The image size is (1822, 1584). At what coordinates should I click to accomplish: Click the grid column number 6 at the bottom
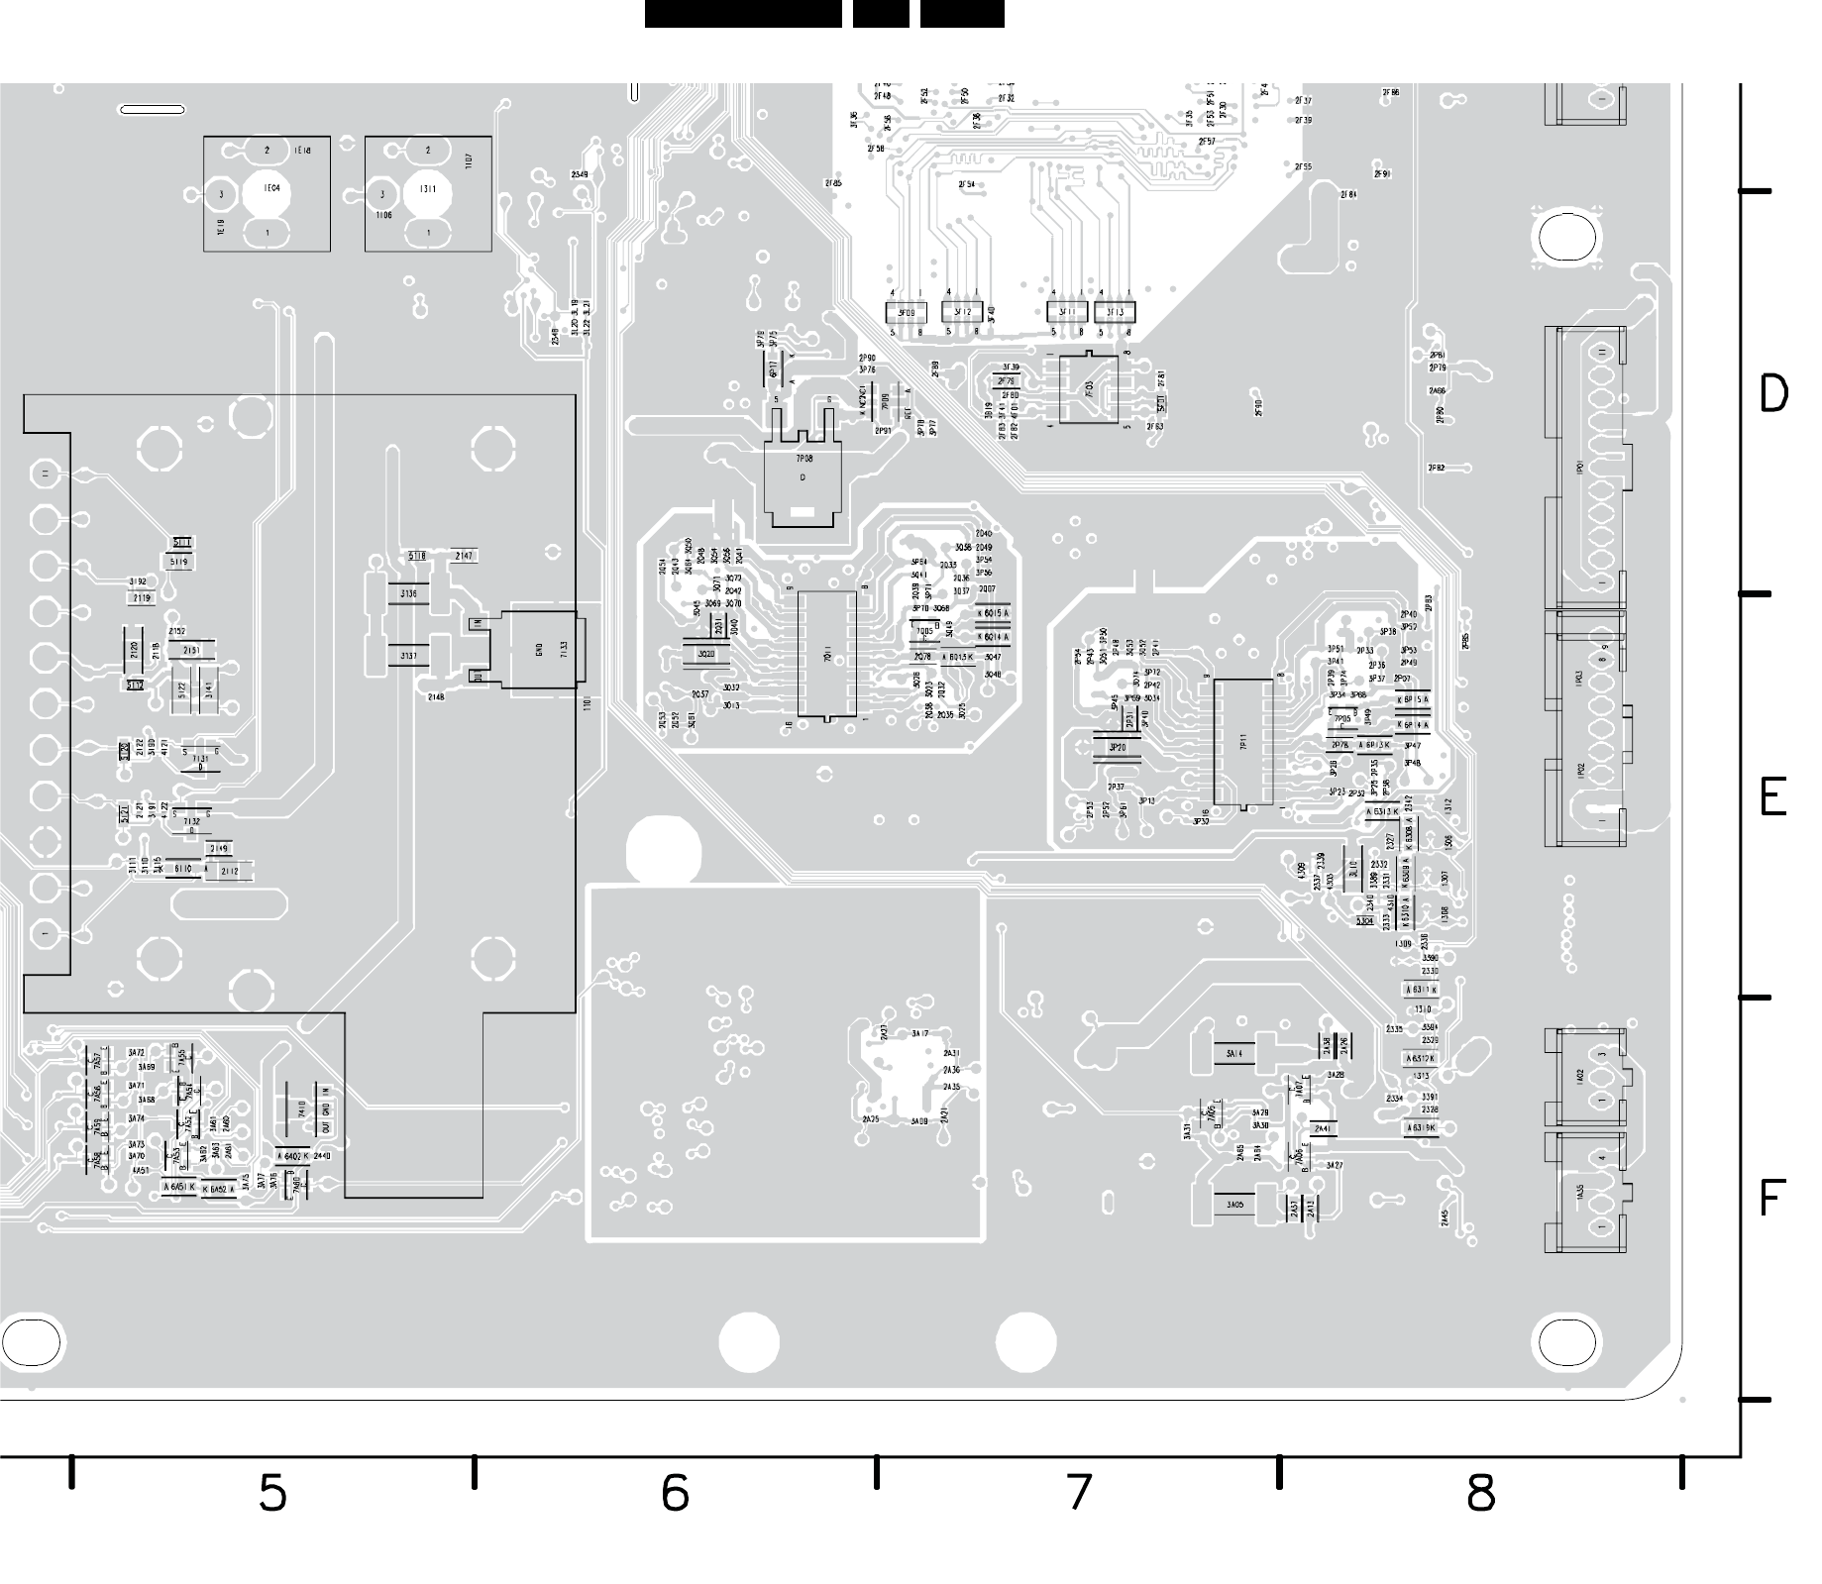[x=674, y=1492]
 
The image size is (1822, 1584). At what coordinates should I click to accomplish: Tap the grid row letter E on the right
[x=1773, y=796]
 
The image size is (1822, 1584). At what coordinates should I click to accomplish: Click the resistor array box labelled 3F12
[x=962, y=312]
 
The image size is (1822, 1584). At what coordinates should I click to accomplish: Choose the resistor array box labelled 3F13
[x=1116, y=312]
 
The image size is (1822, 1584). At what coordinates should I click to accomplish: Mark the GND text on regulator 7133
[x=539, y=650]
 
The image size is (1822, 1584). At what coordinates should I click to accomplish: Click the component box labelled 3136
[x=408, y=594]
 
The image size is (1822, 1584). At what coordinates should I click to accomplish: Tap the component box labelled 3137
[x=408, y=656]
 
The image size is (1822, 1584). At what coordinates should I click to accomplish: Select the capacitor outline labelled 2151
[x=191, y=651]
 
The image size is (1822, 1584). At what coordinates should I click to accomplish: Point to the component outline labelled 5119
[x=178, y=563]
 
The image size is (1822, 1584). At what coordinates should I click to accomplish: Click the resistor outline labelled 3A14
[x=1234, y=1053]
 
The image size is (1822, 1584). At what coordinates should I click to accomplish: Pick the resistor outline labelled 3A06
[x=1234, y=1205]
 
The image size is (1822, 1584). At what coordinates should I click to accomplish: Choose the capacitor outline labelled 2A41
[x=1322, y=1129]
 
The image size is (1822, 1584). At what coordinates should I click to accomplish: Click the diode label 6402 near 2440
[x=293, y=1156]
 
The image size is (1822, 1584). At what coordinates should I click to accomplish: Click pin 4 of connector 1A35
[x=1602, y=1158]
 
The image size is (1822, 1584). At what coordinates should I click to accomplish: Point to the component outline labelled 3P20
[x=1118, y=747]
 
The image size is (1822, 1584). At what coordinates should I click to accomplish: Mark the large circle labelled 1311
[x=429, y=191]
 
